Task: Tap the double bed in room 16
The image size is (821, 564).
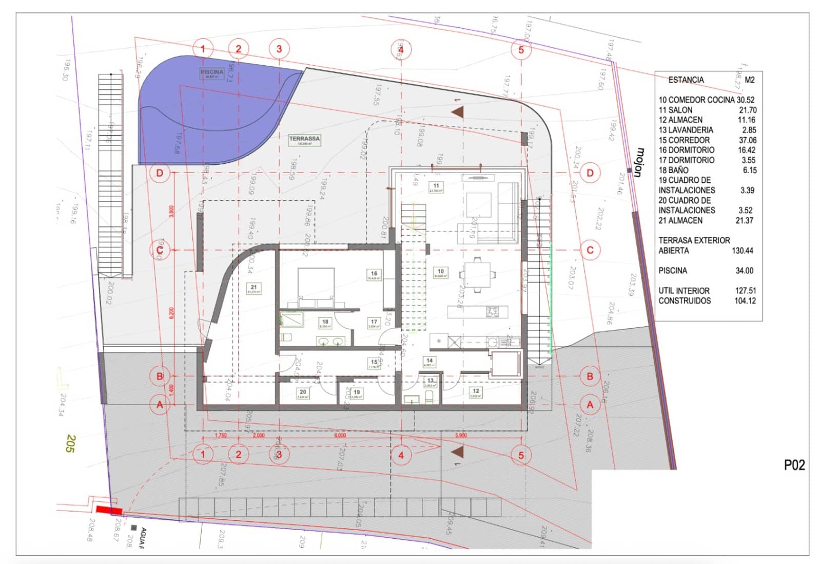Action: pyautogui.click(x=316, y=283)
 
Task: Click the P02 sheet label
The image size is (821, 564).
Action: pyautogui.click(x=794, y=465)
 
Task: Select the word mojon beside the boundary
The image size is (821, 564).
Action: pyautogui.click(x=639, y=162)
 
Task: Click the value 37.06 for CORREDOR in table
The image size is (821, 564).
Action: pyautogui.click(x=747, y=140)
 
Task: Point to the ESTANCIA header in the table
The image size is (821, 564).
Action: pyautogui.click(x=686, y=80)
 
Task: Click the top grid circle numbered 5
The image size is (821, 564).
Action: pyautogui.click(x=521, y=50)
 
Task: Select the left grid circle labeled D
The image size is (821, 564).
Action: pyautogui.click(x=160, y=173)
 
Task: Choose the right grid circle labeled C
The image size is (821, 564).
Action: pyautogui.click(x=590, y=250)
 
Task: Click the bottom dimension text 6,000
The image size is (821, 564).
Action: pyautogui.click(x=340, y=436)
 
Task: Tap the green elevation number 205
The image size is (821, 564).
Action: pyautogui.click(x=71, y=443)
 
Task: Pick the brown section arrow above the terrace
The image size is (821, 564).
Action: pyautogui.click(x=458, y=111)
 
